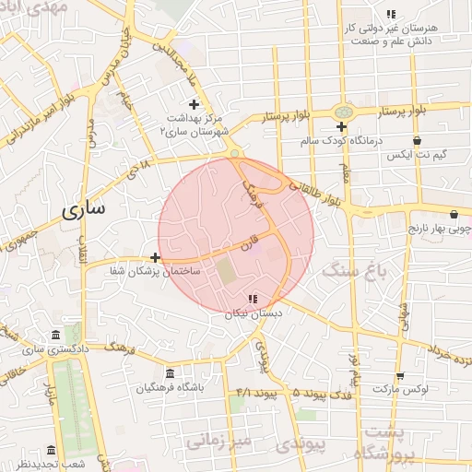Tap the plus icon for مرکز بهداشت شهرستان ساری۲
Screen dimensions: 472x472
[x=194, y=104]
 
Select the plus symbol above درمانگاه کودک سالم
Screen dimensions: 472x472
[x=341, y=126]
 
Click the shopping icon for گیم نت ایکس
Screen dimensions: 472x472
[x=418, y=141]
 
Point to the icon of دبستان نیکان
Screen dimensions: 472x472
[x=253, y=298]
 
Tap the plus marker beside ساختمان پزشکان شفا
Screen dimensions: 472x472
[x=155, y=257]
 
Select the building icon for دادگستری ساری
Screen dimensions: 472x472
[x=56, y=334]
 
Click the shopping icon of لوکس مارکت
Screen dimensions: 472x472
[x=400, y=375]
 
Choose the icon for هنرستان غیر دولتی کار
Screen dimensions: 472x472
[x=391, y=14]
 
